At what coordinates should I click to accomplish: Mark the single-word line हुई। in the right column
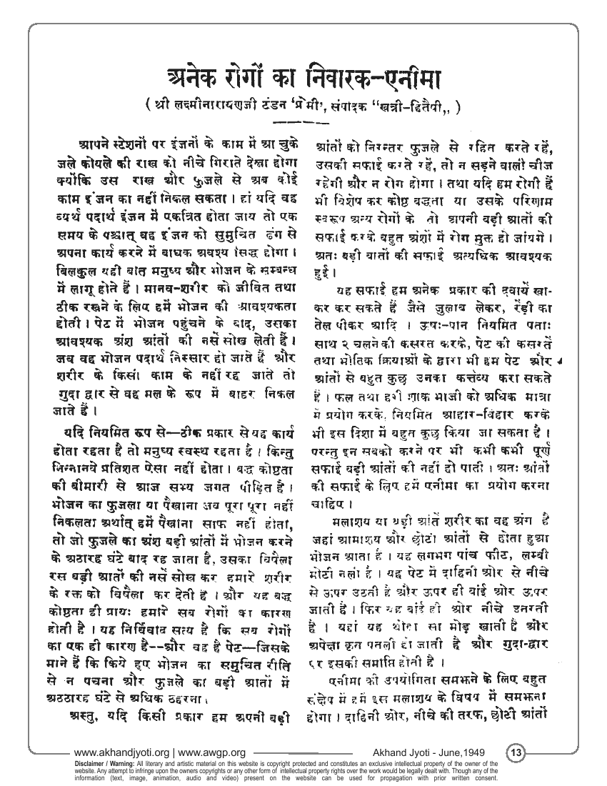(x=326, y=272)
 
